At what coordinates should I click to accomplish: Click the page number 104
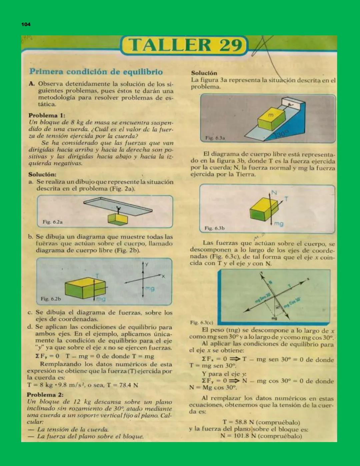coord(26,24)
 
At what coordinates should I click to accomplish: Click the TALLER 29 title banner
coord(185,45)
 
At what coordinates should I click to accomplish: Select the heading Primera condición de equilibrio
coord(96,72)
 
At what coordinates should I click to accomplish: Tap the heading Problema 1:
coord(47,115)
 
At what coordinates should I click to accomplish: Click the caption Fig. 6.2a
coord(52,222)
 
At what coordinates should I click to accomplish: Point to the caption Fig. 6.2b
coord(51,299)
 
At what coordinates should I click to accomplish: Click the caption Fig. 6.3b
coord(214,228)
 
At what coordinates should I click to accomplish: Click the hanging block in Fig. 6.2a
coord(118,219)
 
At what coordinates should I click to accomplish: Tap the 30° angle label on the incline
coord(282,134)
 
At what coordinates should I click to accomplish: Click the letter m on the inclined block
coord(271,115)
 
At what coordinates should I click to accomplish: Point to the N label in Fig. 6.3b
coord(274,192)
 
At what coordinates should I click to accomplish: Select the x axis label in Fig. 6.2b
coord(163,276)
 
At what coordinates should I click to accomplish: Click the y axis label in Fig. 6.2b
coord(146,264)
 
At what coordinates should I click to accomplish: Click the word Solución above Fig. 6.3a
coord(204,73)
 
